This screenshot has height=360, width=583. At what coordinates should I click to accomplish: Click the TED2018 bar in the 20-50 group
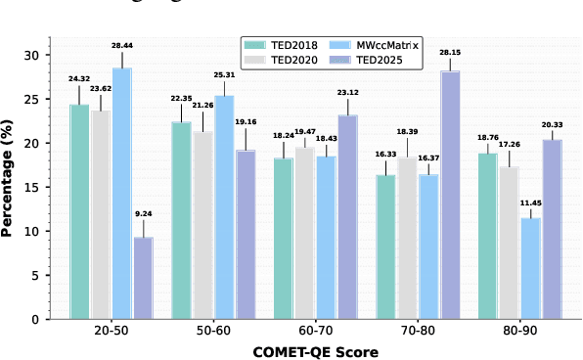click(80, 211)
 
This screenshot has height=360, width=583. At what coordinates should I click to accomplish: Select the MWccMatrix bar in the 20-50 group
click(122, 194)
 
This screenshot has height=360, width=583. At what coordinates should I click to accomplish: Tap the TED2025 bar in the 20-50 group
click(143, 278)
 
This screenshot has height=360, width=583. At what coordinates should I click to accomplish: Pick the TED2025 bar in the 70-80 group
click(450, 195)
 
